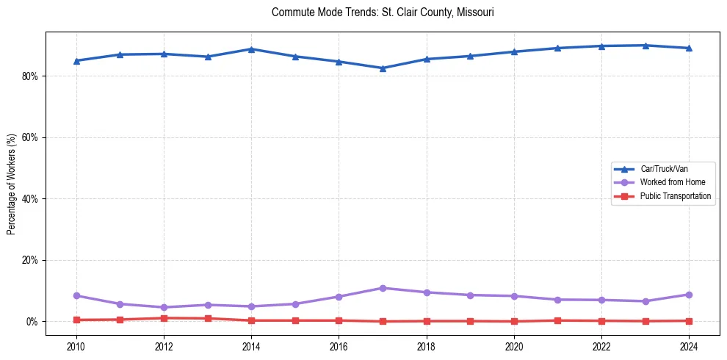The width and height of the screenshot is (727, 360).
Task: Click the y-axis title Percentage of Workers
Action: [x=11, y=184]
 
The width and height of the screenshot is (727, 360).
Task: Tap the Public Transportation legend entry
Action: [x=675, y=196]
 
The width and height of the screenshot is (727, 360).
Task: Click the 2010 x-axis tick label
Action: [x=76, y=347]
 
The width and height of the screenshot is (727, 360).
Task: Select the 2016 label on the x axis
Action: [x=339, y=347]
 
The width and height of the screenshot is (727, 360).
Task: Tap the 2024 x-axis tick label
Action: [x=689, y=347]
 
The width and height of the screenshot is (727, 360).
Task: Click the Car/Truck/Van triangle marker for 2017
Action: [x=383, y=68]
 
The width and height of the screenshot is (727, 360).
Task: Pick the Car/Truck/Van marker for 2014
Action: [x=251, y=49]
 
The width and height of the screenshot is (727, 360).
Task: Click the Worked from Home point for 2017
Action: [x=383, y=288]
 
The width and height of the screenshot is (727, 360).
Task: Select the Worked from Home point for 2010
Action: [x=76, y=295]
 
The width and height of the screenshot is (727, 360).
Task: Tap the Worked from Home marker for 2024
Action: [x=689, y=295]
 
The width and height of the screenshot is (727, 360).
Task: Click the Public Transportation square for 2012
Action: [x=164, y=318]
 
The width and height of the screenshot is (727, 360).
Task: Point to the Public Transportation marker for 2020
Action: [x=514, y=321]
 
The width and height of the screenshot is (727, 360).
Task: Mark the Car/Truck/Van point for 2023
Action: [x=645, y=46]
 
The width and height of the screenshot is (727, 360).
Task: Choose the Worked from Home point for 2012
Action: [x=164, y=307]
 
